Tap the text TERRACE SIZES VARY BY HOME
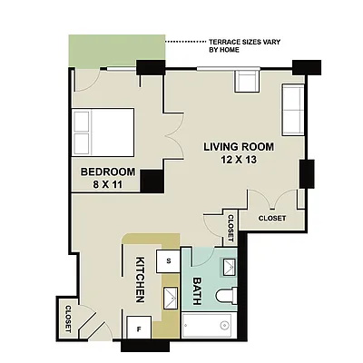pos(237,45)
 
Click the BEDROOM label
pos(108,172)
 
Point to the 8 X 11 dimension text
pos(108,186)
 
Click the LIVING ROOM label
pos(239,147)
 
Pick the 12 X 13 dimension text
pos(239,161)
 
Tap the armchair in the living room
pos(247,82)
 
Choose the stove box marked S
pos(169,260)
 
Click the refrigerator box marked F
pos(139,329)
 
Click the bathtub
pos(210,328)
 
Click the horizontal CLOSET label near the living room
pos(271,218)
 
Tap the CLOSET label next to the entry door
pos(69,317)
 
